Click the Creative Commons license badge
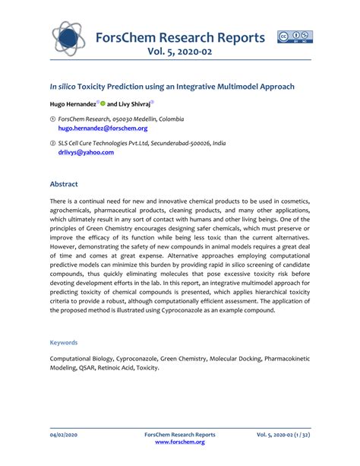click(295, 36)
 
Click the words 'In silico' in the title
click(65, 87)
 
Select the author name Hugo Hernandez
click(73, 103)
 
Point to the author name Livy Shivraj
click(134, 103)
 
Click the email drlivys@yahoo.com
click(86, 152)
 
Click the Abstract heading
click(64, 184)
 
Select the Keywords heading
click(63, 343)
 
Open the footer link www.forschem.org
click(179, 442)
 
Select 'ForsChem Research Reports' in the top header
click(179, 37)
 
